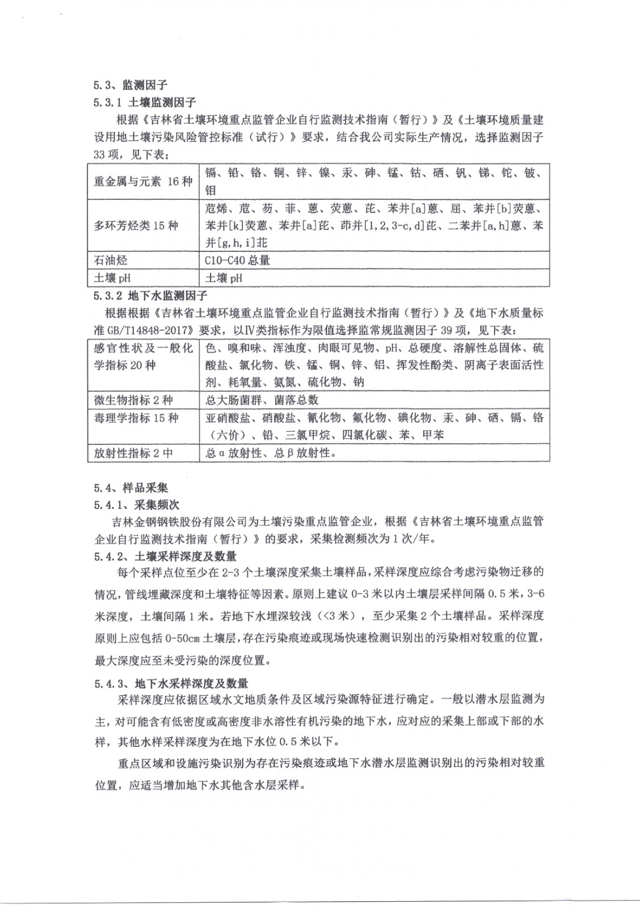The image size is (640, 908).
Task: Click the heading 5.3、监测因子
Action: (130, 85)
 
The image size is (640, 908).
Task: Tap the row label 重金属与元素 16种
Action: (143, 182)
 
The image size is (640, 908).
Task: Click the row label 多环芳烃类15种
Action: (136, 225)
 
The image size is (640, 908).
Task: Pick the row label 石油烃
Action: (111, 260)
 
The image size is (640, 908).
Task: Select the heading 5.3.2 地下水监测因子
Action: (150, 296)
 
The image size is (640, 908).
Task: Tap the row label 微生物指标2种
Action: (133, 400)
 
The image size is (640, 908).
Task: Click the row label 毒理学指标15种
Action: (136, 418)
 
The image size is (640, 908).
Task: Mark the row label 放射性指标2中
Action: (133, 453)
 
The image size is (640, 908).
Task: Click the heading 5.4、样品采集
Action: (130, 488)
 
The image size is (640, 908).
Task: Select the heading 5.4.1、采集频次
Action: (136, 505)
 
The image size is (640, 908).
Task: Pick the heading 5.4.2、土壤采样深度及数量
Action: (165, 557)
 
